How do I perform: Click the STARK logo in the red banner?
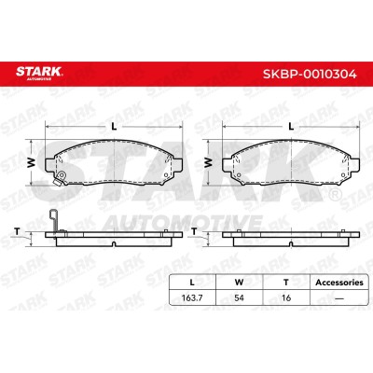pos(39,73)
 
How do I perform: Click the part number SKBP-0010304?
pos(310,75)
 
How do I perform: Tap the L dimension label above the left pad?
pos(114,126)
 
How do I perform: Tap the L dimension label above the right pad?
pos(291,126)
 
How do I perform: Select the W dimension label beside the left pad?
pos(31,162)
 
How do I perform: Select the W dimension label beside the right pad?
pos(208,162)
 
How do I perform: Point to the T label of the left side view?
pos(18,230)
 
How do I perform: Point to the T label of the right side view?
pos(194,230)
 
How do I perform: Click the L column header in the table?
pos(192,283)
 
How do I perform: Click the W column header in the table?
pos(239,283)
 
